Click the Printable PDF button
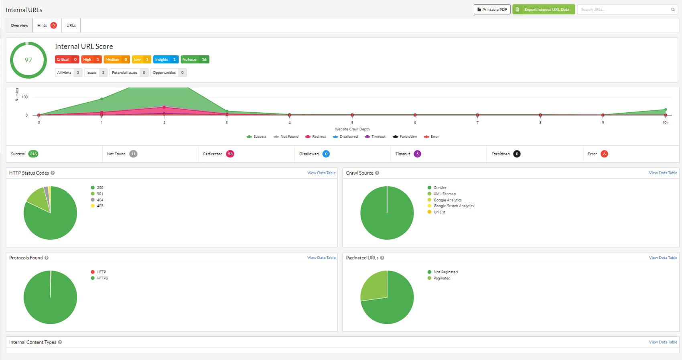[x=492, y=9]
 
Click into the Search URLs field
[x=624, y=9]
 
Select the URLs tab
[x=71, y=25]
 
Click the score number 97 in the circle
[x=28, y=60]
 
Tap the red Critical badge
[x=67, y=59]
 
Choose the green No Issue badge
[x=195, y=59]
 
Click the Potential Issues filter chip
[x=128, y=73]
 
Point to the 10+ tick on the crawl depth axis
[x=666, y=122]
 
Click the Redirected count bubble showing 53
[x=230, y=154]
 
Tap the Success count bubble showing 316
[x=33, y=154]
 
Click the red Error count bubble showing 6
[x=604, y=154]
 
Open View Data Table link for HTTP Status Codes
[x=321, y=173]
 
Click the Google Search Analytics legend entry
[x=453, y=206]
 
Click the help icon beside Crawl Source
[x=377, y=173]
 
